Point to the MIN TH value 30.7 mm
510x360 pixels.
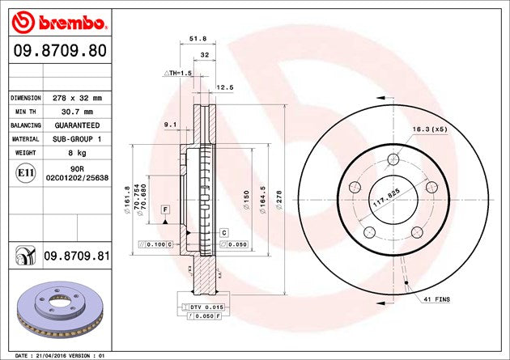(72, 112)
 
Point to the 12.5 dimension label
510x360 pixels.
(224, 88)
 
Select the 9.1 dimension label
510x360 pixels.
(170, 124)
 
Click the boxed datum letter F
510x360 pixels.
(165, 210)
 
